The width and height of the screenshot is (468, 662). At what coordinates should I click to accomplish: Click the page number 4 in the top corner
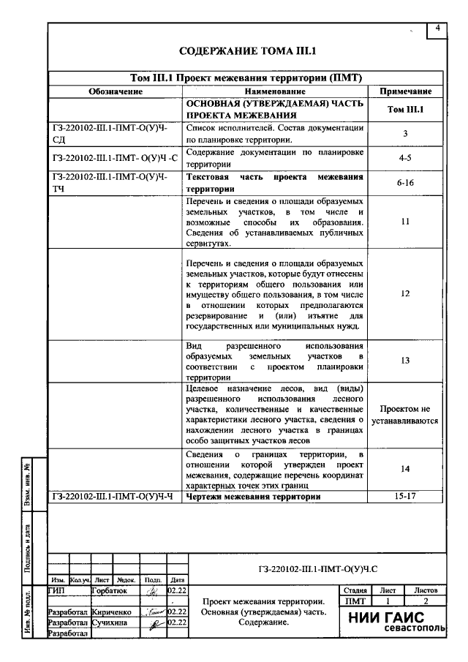tap(437, 28)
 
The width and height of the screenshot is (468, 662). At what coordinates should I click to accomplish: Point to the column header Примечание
tap(405, 92)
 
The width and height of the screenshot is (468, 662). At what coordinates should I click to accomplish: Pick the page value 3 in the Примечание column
tap(405, 134)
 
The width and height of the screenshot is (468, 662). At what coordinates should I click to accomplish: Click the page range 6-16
tap(405, 183)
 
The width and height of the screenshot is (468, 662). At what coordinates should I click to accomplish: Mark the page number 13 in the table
tap(405, 360)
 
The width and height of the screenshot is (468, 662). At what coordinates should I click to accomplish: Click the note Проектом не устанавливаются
tap(405, 415)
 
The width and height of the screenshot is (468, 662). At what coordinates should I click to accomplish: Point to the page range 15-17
tap(405, 497)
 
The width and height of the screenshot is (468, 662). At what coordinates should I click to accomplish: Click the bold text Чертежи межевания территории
tap(253, 497)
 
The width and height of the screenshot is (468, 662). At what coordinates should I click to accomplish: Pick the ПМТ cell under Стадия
tap(354, 601)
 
